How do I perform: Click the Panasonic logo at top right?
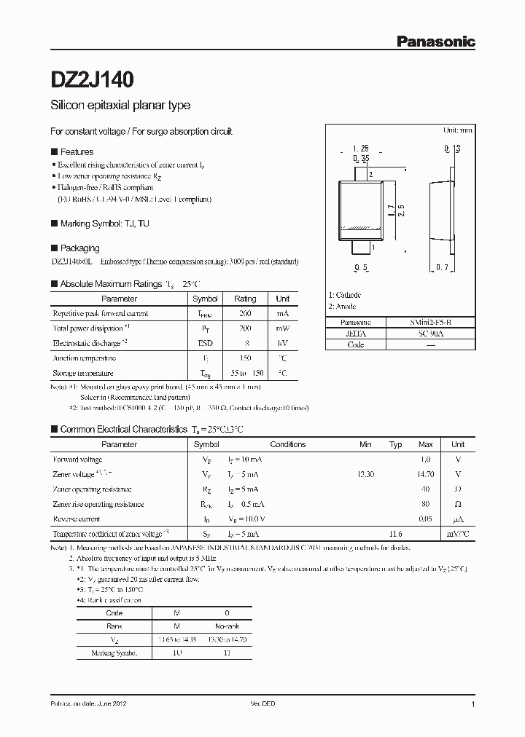click(x=435, y=42)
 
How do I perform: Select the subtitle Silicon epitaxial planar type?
click(x=120, y=106)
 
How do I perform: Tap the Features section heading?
click(x=77, y=152)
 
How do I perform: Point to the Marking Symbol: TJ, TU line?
click(x=104, y=224)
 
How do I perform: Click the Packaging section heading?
click(x=79, y=248)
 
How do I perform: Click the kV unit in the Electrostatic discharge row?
click(x=282, y=343)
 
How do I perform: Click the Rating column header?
click(x=245, y=299)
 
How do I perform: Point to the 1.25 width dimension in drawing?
click(x=359, y=149)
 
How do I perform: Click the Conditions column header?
click(x=288, y=444)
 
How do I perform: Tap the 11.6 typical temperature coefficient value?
click(x=395, y=534)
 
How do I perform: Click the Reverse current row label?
click(x=77, y=519)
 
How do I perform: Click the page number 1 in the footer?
click(x=473, y=705)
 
